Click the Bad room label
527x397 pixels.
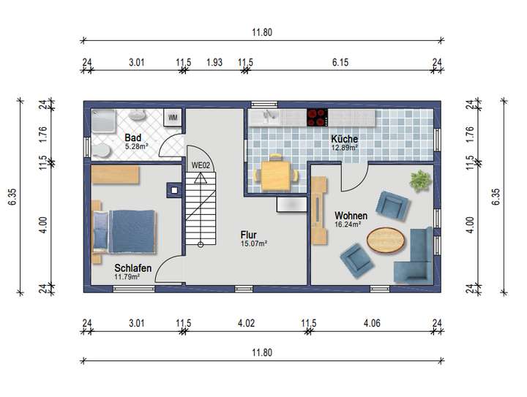(x=132, y=137)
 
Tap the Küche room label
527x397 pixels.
(x=344, y=138)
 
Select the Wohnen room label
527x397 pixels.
(x=351, y=216)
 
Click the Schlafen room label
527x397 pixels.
(x=132, y=268)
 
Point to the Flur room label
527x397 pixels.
(x=248, y=235)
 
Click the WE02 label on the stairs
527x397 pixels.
(x=201, y=165)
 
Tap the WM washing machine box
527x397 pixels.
(x=173, y=118)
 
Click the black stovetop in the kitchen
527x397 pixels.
(x=317, y=116)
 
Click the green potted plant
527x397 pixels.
(x=419, y=181)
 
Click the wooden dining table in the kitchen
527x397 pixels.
(x=276, y=174)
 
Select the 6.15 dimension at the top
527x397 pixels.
(x=340, y=63)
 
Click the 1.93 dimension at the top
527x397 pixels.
(x=214, y=63)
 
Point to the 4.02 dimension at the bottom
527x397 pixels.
(x=245, y=323)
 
